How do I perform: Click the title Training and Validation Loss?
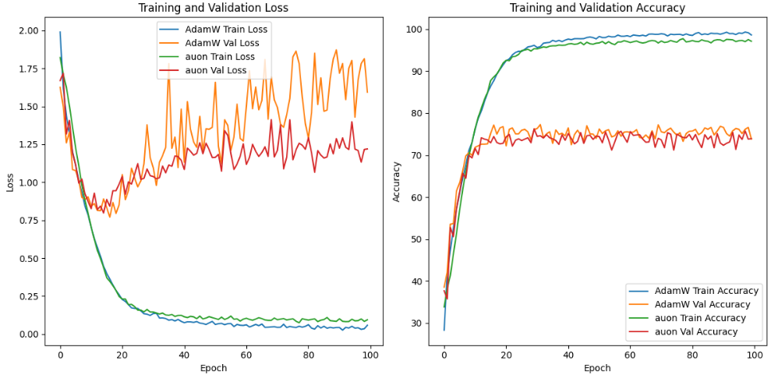[x=213, y=8]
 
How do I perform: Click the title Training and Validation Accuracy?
[x=597, y=8]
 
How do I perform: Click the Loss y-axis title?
[x=10, y=182]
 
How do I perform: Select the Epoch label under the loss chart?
[x=213, y=367]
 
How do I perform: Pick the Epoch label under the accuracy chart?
[x=597, y=367]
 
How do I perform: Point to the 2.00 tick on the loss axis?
[x=28, y=30]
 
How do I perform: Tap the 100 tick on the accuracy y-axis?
[x=419, y=30]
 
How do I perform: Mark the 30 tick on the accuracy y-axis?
[x=422, y=324]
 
